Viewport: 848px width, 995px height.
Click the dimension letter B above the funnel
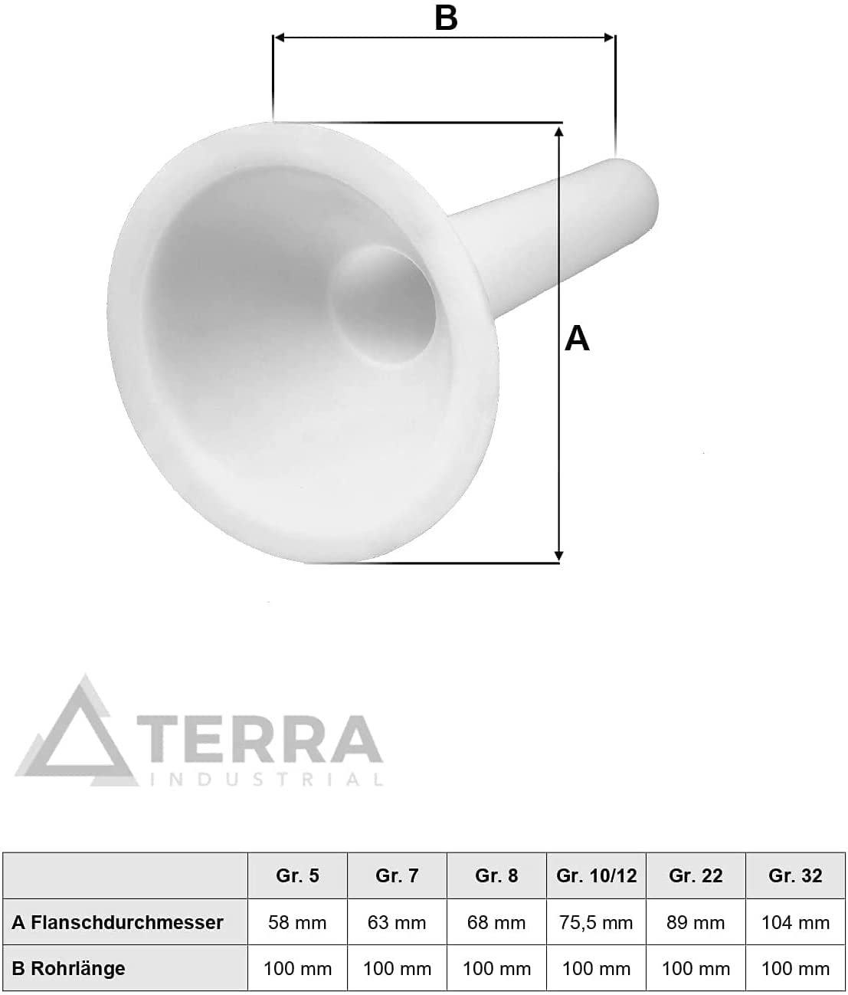pos(446,18)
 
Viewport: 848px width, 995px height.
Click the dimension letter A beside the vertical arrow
pos(577,338)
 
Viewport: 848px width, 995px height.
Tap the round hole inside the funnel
pos(383,305)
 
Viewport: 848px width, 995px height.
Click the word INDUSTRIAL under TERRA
pos(267,780)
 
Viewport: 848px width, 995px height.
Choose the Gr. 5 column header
pos(297,875)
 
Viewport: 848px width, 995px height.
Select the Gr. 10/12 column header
pos(597,875)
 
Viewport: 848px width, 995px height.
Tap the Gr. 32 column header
pos(795,875)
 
